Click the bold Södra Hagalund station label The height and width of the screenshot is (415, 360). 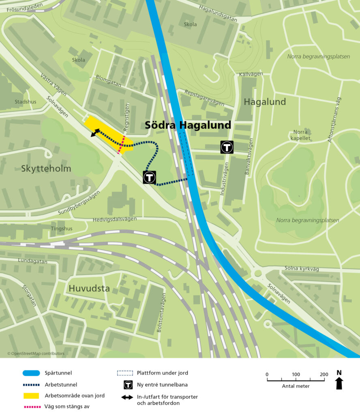click(188, 125)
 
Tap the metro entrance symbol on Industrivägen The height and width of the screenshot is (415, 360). click(227, 147)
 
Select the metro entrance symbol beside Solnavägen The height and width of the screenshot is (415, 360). click(149, 177)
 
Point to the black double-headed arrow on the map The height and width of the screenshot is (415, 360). click(95, 133)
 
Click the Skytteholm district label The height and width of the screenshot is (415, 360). click(46, 169)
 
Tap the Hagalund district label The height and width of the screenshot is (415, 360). click(265, 102)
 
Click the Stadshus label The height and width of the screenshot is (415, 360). click(25, 102)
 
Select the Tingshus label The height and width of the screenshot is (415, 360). click(62, 229)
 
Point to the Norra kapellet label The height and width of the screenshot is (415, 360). click(300, 135)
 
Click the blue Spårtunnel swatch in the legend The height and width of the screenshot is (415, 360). click(31, 373)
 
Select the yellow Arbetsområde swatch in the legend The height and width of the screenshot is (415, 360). click(31, 395)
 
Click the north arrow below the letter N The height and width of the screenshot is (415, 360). click(339, 383)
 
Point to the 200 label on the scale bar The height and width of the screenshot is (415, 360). click(324, 374)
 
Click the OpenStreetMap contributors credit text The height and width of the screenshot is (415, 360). click(36, 353)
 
